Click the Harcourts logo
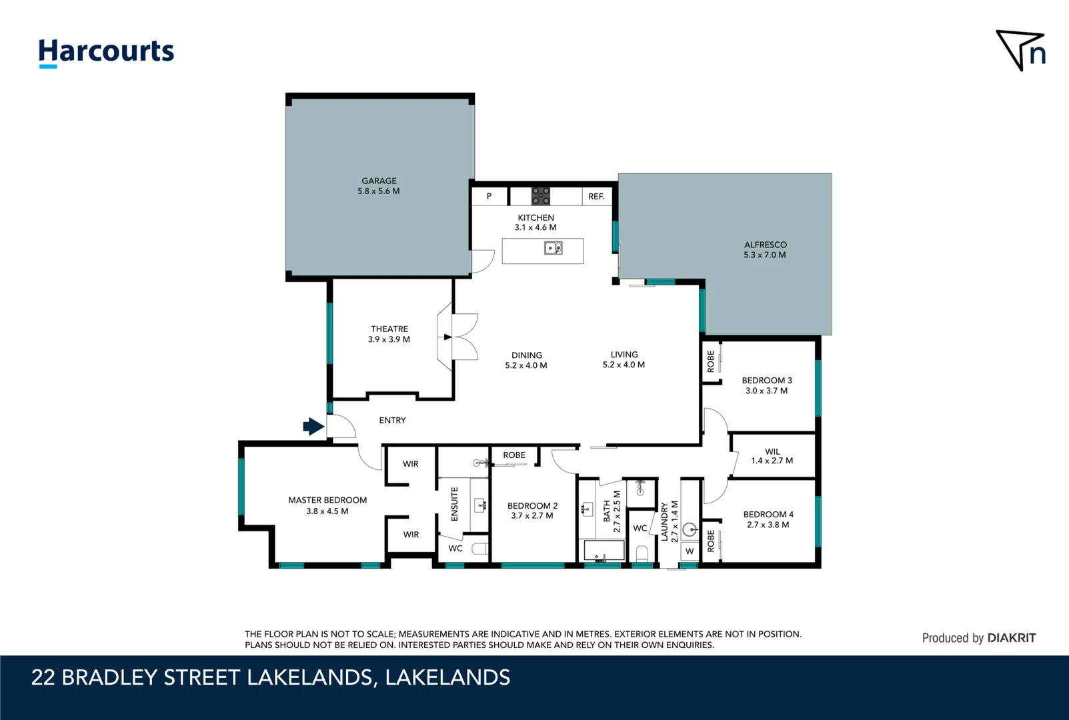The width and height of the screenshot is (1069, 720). pyautogui.click(x=106, y=52)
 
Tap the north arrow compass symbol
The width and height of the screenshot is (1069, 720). pyautogui.click(x=1020, y=50)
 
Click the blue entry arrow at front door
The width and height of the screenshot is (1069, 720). pyautogui.click(x=313, y=426)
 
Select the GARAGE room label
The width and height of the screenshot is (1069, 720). pyautogui.click(x=379, y=181)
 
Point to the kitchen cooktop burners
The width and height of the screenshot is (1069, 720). pyautogui.click(x=540, y=196)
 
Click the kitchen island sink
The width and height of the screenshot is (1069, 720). pyautogui.click(x=554, y=249)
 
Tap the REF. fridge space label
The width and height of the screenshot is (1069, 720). pyautogui.click(x=596, y=197)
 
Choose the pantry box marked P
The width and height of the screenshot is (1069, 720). pyautogui.click(x=489, y=197)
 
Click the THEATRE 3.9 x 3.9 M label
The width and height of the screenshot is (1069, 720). pyautogui.click(x=389, y=334)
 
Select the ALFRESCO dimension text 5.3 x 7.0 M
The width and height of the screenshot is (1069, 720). pyautogui.click(x=765, y=255)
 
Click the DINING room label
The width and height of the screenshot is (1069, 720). pyautogui.click(x=526, y=355)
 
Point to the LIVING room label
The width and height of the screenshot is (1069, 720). pyautogui.click(x=624, y=355)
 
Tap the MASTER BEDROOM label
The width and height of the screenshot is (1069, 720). pyautogui.click(x=327, y=500)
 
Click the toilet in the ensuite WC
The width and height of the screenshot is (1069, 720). pyautogui.click(x=479, y=549)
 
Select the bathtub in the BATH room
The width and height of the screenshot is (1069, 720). pyautogui.click(x=604, y=551)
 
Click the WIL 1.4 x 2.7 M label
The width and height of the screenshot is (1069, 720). pyautogui.click(x=772, y=456)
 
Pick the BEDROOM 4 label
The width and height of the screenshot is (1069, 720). pyautogui.click(x=768, y=515)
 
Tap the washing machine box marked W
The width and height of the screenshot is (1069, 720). pyautogui.click(x=690, y=551)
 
